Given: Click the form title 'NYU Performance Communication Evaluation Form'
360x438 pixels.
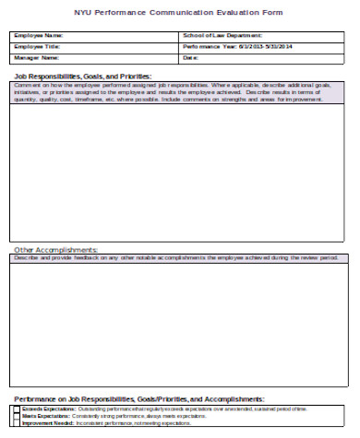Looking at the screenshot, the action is click(x=179, y=12).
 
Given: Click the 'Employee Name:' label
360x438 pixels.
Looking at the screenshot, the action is click(x=37, y=35).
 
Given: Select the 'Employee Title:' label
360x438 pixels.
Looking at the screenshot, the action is click(x=36, y=45).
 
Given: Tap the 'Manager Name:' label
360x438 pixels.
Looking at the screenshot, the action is click(x=36, y=56).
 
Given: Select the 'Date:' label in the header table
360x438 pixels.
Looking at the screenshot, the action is click(x=190, y=56).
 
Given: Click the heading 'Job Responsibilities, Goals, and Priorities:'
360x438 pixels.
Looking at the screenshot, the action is click(x=82, y=77).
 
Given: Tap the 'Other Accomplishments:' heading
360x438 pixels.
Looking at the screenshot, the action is click(x=54, y=249).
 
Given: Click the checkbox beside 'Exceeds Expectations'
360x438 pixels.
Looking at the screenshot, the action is click(x=16, y=408).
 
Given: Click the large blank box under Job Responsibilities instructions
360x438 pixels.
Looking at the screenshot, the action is click(x=179, y=175).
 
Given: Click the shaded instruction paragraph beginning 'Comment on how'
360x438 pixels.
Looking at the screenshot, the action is click(x=179, y=93).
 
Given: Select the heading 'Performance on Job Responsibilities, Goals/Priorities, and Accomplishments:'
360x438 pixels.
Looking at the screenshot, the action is click(x=138, y=398).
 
